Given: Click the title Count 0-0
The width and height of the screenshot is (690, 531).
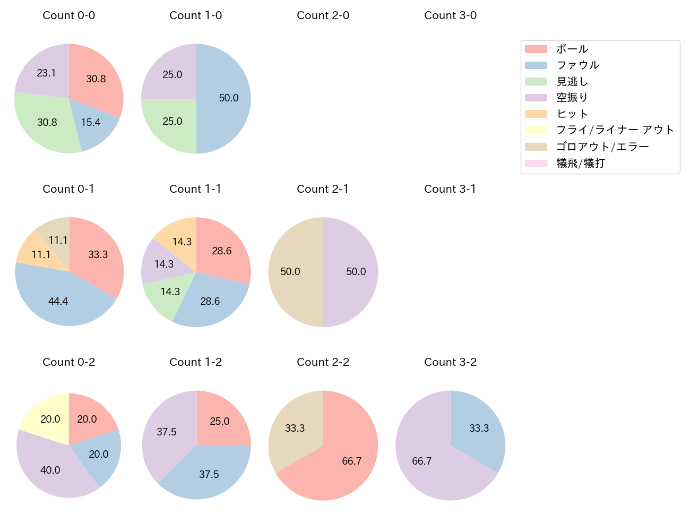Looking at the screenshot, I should [x=69, y=15].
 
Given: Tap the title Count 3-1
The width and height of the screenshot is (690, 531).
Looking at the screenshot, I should [x=450, y=189].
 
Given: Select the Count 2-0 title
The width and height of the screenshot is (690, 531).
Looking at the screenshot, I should [x=323, y=15].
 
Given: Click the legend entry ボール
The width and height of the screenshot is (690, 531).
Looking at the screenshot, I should [x=572, y=49].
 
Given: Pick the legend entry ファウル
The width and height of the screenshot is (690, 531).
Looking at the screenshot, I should [x=577, y=65].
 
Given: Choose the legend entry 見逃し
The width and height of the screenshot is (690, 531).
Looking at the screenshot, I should [x=572, y=81].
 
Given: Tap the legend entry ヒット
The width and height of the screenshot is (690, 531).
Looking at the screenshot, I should [x=572, y=114].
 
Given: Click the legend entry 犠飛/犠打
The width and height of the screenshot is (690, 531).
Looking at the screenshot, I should [x=581, y=163].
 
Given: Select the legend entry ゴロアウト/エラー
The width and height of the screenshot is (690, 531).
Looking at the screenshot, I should [x=602, y=147].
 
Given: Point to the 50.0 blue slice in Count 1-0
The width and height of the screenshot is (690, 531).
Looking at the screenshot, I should [x=226, y=98].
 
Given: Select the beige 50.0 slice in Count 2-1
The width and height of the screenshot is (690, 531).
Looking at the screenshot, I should [x=292, y=272].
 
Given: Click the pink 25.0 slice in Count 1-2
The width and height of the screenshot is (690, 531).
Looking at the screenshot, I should [x=220, y=419].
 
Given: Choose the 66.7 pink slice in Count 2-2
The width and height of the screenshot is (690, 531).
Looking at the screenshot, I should [x=345, y=462].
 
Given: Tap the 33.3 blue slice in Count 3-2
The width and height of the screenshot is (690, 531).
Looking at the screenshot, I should [x=478, y=430].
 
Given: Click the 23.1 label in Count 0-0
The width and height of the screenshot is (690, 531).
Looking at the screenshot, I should [x=46, y=73].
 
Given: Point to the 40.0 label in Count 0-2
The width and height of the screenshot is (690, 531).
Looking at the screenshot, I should [x=50, y=470].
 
